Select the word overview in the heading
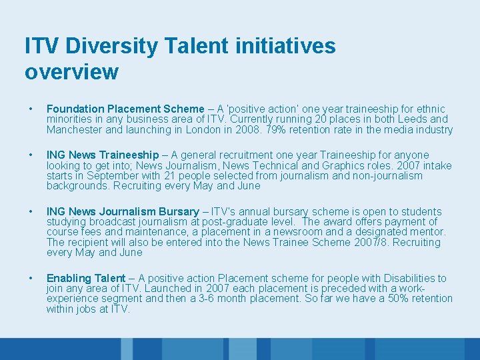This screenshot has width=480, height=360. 71,71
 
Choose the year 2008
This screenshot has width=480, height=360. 243,129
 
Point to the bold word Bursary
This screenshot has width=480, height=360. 178,212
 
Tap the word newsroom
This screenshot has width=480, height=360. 308,232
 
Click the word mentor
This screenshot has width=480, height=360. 428,232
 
